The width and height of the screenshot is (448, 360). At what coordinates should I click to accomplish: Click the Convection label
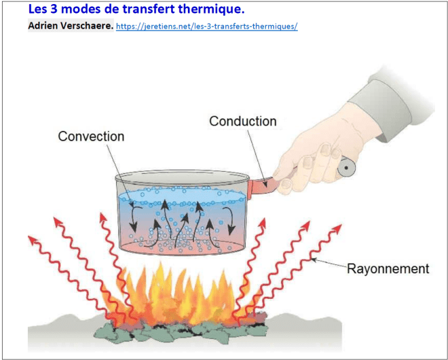[91, 137]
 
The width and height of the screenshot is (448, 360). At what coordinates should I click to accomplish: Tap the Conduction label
[243, 121]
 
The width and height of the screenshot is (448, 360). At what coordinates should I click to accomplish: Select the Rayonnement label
[388, 269]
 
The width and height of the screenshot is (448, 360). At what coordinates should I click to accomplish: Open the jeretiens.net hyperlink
[207, 26]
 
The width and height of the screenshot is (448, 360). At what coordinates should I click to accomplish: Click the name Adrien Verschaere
[71, 26]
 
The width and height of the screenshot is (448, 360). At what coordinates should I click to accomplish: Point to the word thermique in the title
[211, 10]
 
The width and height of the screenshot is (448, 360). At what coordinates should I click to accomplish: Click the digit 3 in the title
[54, 10]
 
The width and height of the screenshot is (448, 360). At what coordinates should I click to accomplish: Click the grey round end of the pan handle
[346, 168]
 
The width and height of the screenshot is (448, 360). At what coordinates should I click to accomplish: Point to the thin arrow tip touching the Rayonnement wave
[312, 259]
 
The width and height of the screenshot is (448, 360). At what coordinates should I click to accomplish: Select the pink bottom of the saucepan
[182, 247]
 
